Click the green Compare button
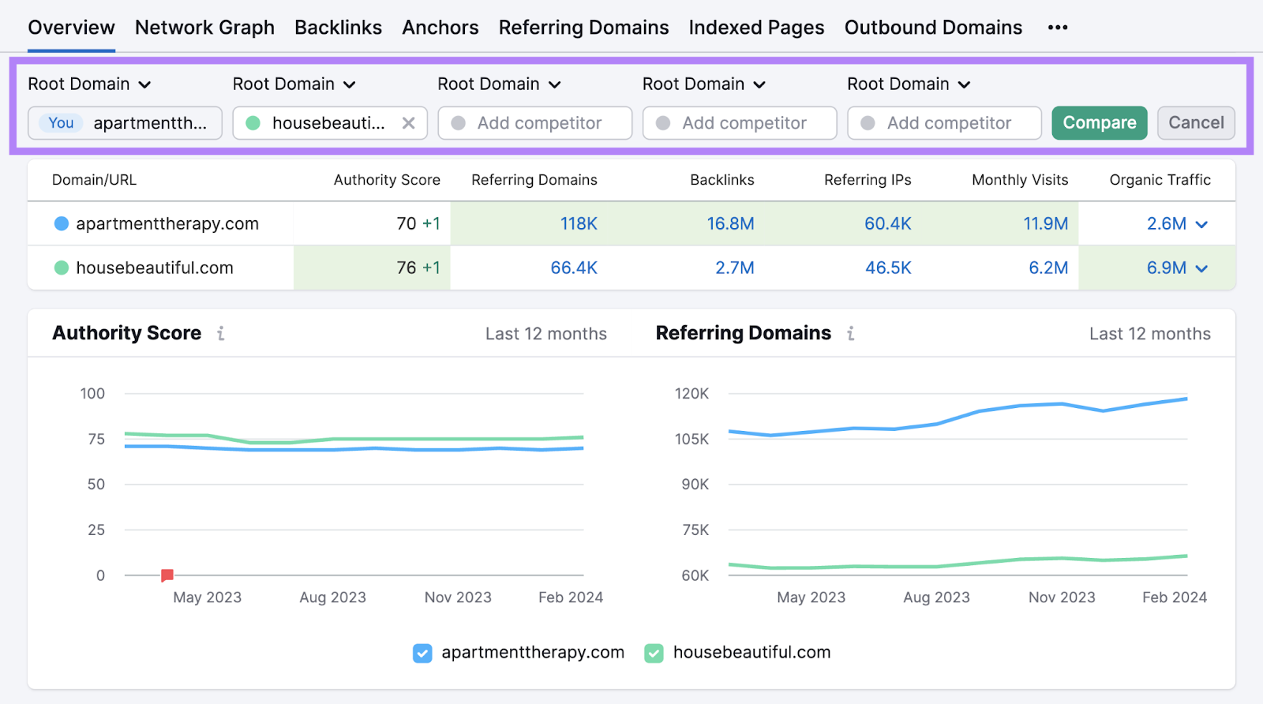point(1099,123)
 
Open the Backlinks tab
point(338,28)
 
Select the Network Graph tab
point(204,28)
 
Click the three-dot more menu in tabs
point(1058,28)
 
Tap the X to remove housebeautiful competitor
point(408,123)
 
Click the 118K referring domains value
point(579,224)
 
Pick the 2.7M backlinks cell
point(734,268)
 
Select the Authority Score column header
point(387,180)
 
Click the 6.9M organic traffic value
point(1166,268)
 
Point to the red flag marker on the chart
point(167,575)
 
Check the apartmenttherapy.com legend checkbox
point(422,653)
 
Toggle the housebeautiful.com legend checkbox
point(654,653)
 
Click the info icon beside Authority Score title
point(221,334)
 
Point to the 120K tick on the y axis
point(691,394)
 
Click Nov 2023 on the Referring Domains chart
point(1062,597)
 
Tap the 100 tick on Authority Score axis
point(92,394)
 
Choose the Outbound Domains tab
point(933,28)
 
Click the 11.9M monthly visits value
point(1045,224)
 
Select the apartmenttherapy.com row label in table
point(167,224)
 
